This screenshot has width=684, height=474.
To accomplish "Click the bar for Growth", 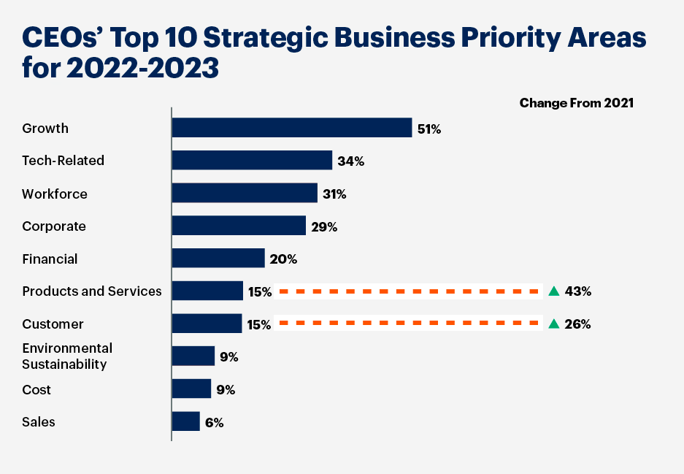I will [x=292, y=128].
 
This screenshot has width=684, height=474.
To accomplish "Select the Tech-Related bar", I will [x=252, y=161].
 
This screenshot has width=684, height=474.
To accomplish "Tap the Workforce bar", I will [x=245, y=194].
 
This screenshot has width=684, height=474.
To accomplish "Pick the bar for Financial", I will [x=218, y=259].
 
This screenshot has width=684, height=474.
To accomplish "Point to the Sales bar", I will [x=186, y=421].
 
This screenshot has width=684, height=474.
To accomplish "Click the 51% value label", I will [x=429, y=129].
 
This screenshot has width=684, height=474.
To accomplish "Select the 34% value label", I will [x=350, y=161].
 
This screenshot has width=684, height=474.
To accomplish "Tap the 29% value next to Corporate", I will [x=323, y=227].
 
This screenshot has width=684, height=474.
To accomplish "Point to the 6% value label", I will [x=214, y=423].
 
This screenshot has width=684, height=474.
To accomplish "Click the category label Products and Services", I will [x=92, y=291].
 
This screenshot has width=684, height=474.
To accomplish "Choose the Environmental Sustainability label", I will [x=67, y=356].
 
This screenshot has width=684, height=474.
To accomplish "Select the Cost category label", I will [x=36, y=389].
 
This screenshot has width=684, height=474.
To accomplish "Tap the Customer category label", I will [x=53, y=324].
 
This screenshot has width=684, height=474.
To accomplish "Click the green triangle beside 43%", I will [x=554, y=291].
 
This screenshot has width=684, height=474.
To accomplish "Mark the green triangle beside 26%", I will [x=554, y=324].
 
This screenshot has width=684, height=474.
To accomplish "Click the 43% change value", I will [x=577, y=291].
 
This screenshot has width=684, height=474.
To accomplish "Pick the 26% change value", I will [x=577, y=324].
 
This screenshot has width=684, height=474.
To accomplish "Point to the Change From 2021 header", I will [x=576, y=103].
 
